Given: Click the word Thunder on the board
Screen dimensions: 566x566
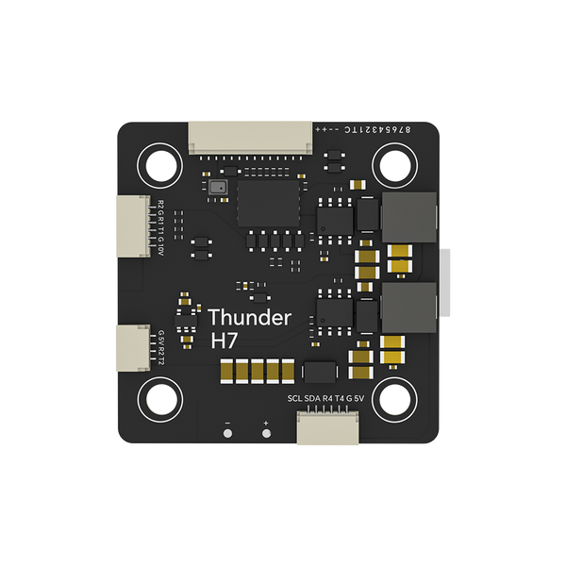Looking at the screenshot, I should [x=249, y=317].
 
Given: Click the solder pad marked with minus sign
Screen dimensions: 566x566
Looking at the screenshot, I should [x=226, y=435].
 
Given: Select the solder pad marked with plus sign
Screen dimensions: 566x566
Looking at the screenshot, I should [x=266, y=435].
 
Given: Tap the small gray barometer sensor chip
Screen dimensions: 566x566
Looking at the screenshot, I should [x=220, y=187].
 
